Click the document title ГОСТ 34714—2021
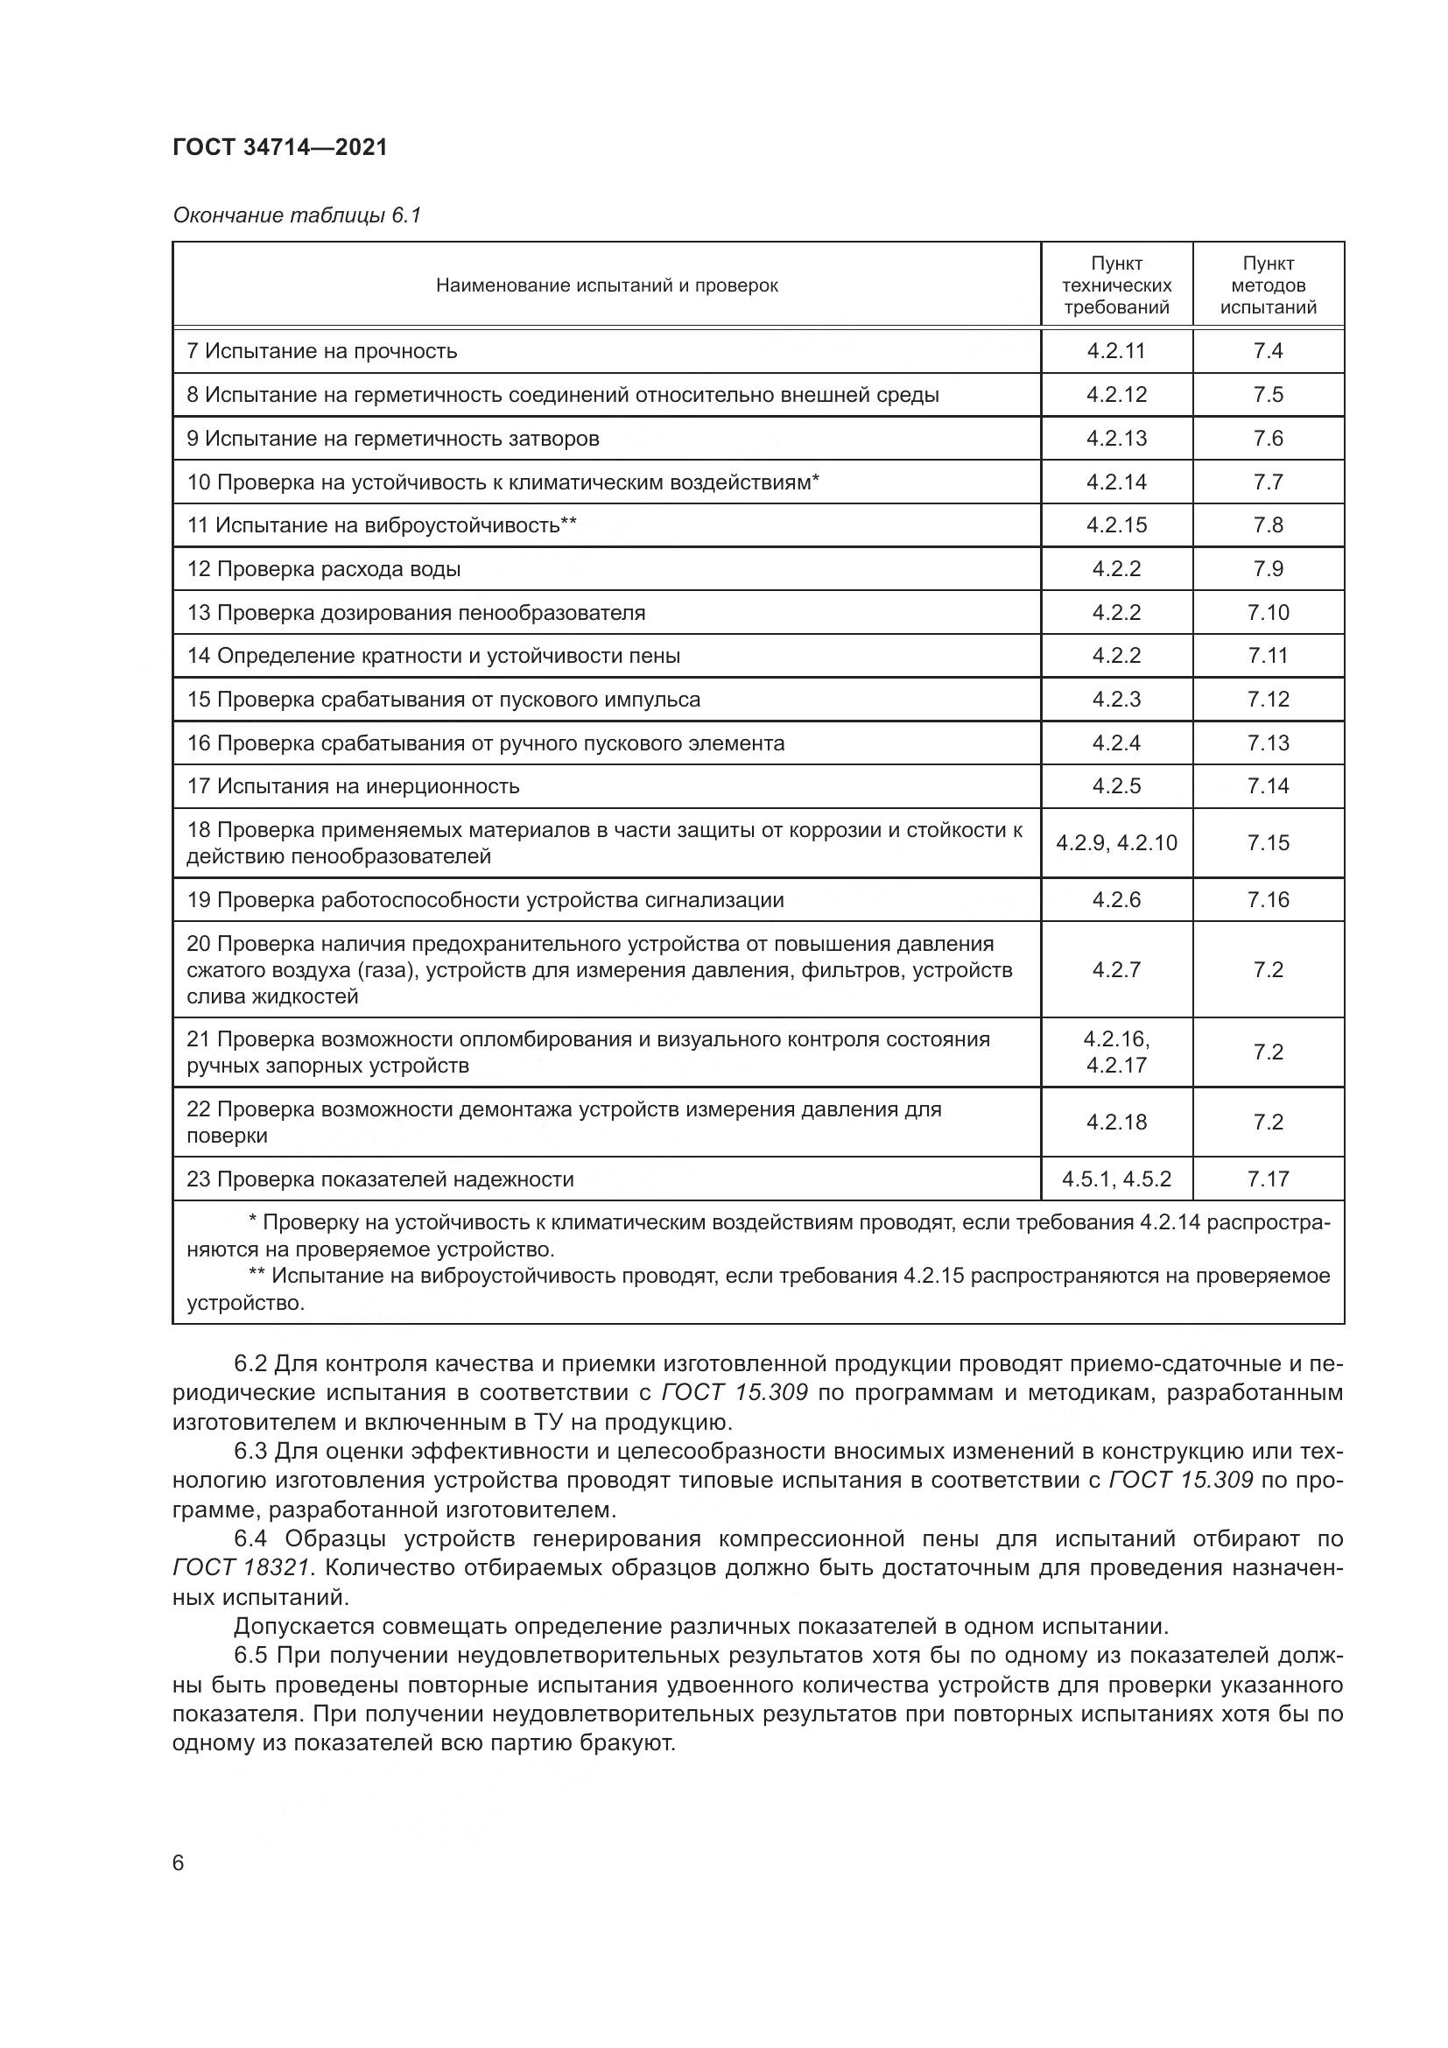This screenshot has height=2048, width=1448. click(x=280, y=147)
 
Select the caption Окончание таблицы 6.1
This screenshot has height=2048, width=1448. click(x=296, y=215)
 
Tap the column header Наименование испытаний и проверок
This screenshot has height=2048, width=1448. click(x=607, y=285)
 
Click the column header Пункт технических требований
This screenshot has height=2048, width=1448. click(x=1116, y=285)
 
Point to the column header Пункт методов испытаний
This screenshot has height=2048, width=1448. click(x=1268, y=285)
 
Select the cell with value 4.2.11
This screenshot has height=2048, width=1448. click(x=1116, y=351)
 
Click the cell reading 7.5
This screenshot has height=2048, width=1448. click(x=1268, y=395)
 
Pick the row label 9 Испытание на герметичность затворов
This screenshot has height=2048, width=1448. click(x=393, y=439)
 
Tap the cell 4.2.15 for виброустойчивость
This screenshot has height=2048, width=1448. click(x=1116, y=525)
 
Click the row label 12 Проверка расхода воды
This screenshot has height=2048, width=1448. click(x=324, y=569)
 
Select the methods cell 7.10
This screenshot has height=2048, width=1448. click(x=1268, y=613)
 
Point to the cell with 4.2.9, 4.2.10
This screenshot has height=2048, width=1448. click(x=1116, y=843)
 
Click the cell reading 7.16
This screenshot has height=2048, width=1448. click(x=1268, y=900)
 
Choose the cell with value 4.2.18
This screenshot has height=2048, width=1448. click(x=1116, y=1123)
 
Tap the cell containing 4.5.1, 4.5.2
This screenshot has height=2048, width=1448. click(x=1116, y=1179)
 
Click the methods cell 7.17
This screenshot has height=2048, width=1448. click(x=1268, y=1179)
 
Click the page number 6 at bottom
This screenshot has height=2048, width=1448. click(x=179, y=1863)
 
